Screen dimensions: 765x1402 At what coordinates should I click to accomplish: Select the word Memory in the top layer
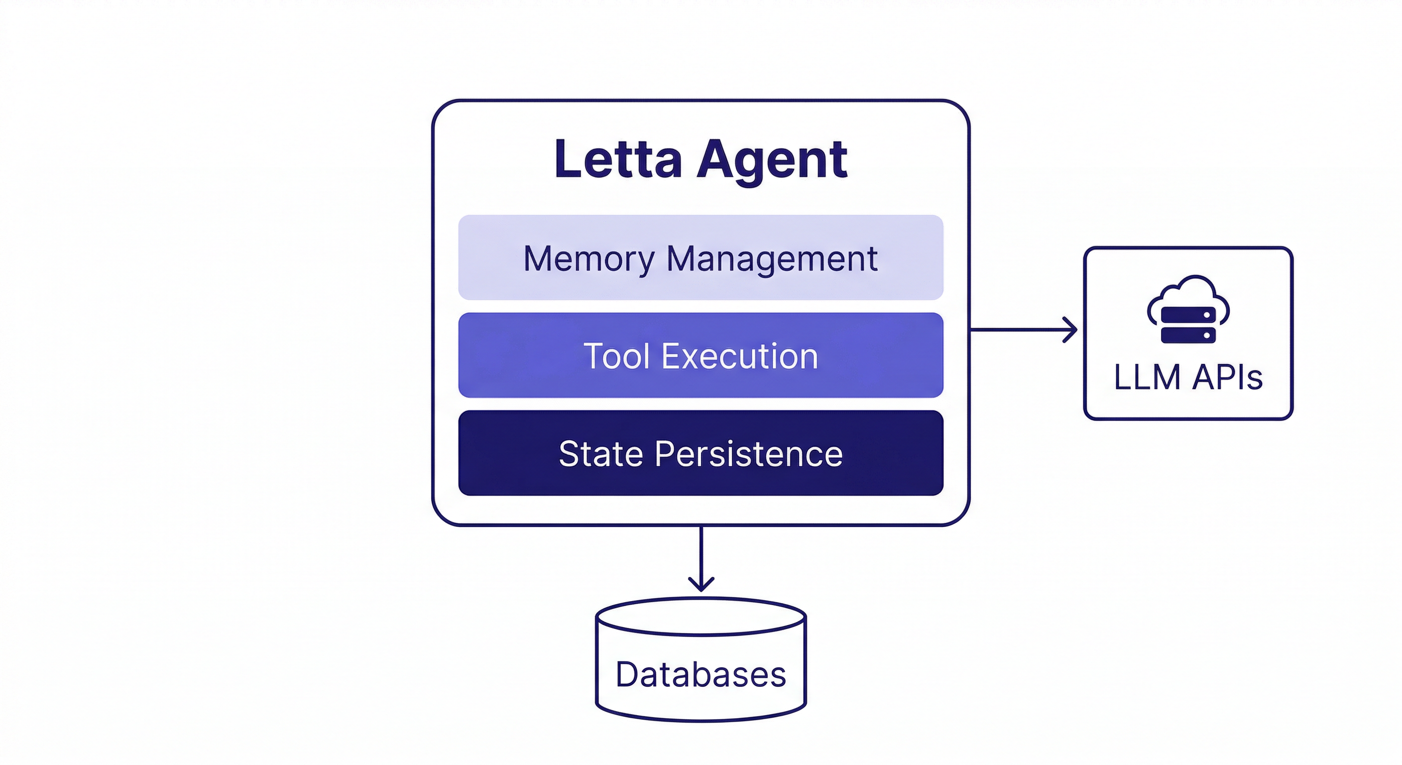pos(588,258)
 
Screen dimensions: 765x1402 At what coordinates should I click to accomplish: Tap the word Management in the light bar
pos(772,258)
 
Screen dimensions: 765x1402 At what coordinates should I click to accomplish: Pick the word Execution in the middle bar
pos(740,356)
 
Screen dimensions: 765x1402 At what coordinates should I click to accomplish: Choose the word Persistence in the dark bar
pos(748,454)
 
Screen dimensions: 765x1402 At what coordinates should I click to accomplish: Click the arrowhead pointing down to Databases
pos(701,585)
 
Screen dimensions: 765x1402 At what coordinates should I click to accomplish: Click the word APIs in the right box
pos(1227,377)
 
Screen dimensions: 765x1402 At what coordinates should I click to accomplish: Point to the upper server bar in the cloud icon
pos(1188,315)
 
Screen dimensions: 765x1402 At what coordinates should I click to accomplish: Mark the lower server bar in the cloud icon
pos(1188,335)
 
